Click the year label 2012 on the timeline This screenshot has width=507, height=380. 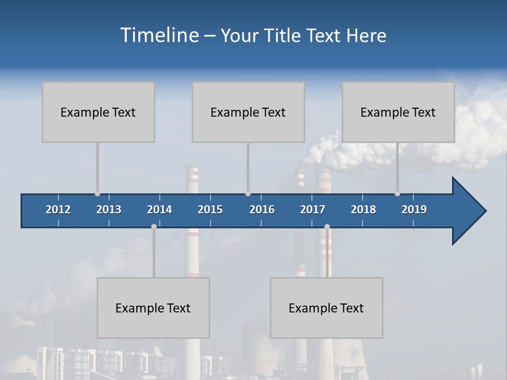(58, 210)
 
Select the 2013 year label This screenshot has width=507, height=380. (109, 210)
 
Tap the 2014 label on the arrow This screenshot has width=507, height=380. (159, 210)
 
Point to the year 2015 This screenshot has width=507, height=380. (210, 210)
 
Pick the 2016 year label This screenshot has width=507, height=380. (262, 210)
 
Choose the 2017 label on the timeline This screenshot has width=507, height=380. (313, 210)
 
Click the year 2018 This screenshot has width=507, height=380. (363, 210)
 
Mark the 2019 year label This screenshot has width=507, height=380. (414, 210)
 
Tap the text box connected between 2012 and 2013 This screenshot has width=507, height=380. (98, 112)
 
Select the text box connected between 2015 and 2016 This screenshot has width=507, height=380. (248, 112)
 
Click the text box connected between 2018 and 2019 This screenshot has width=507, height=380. (398, 112)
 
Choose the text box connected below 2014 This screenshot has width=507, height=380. (153, 308)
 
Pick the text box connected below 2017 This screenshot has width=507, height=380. (326, 308)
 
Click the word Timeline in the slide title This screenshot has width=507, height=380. (159, 35)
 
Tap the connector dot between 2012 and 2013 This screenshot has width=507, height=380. (97, 194)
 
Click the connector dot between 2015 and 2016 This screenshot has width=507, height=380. (248, 194)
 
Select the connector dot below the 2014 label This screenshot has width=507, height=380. (154, 226)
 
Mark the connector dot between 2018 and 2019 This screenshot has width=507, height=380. (397, 194)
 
